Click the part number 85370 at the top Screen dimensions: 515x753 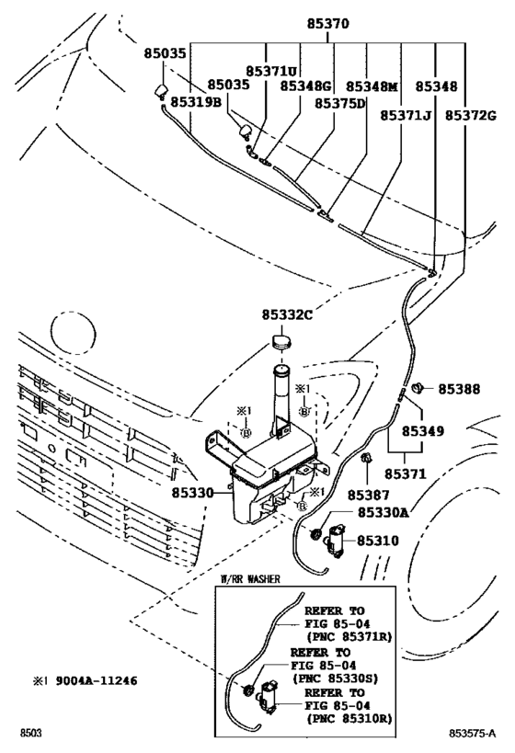click(x=328, y=23)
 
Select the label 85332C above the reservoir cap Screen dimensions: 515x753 click(x=287, y=315)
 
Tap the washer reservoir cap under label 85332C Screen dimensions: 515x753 click(x=282, y=342)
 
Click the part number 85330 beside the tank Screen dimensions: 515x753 click(x=192, y=492)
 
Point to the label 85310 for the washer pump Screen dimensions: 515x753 click(x=378, y=541)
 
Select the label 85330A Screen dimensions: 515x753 click(x=383, y=513)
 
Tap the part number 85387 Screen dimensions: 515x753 click(x=369, y=495)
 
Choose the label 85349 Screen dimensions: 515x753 click(x=423, y=431)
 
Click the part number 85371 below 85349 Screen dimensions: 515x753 click(x=405, y=474)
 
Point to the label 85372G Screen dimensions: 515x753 click(x=470, y=115)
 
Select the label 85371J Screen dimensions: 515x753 click(x=406, y=115)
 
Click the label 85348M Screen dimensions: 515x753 click(x=372, y=86)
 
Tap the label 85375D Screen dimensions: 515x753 click(x=340, y=103)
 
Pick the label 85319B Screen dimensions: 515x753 click(x=197, y=102)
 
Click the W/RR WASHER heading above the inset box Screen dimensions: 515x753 click(x=249, y=579)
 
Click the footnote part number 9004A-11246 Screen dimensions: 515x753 click(x=96, y=680)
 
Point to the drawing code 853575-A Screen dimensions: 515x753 click(x=473, y=734)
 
